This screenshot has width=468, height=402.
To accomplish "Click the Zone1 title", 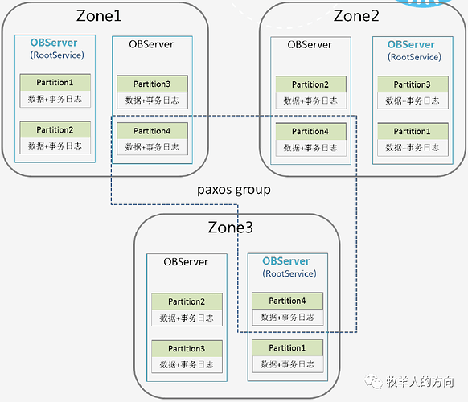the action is tap(99, 16).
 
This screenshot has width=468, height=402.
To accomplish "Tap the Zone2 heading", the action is tap(356, 16).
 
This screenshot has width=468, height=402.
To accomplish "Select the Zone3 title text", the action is tap(231, 228).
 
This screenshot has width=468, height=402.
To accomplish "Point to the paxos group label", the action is tap(234, 190).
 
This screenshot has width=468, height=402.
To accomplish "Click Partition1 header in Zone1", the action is tap(55, 82).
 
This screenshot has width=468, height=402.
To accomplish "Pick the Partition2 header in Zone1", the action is tap(55, 129).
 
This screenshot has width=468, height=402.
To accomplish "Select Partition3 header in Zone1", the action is tap(152, 84).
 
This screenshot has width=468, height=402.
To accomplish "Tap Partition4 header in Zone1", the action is tap(152, 131).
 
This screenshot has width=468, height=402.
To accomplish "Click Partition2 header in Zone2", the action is tap(310, 84).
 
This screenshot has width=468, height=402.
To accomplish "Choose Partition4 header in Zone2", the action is tap(310, 132).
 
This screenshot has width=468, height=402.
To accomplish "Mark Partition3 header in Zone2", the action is tap(413, 84).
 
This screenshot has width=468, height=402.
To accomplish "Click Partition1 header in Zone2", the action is tap(413, 132).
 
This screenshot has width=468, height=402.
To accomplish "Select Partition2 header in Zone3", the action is tap(187, 301).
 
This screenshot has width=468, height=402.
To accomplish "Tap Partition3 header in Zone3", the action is tap(187, 349).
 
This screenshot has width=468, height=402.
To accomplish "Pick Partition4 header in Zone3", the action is tap(287, 301).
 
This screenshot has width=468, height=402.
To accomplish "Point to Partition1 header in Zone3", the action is tap(287, 347).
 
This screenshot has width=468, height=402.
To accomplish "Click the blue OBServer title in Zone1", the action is tap(54, 43).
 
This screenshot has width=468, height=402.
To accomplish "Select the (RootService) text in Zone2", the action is tap(414, 57).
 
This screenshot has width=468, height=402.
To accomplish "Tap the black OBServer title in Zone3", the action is tap(186, 262).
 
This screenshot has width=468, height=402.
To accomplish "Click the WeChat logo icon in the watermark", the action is tap(373, 381).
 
